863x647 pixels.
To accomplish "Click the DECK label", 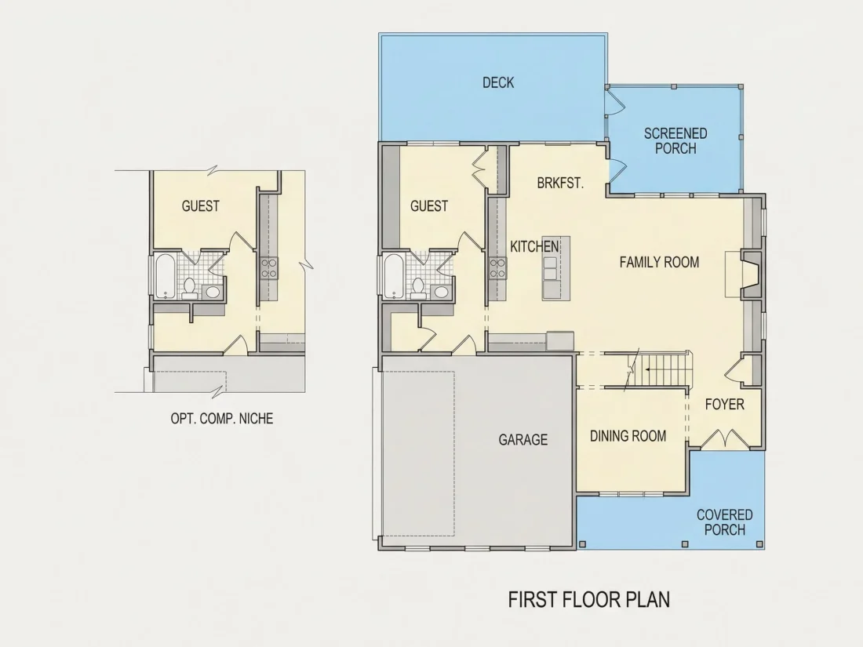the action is [x=498, y=82].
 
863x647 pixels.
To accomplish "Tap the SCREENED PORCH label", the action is [x=675, y=141].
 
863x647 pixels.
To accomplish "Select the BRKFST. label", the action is [x=560, y=183].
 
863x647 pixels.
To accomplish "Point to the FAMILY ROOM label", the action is [x=659, y=262].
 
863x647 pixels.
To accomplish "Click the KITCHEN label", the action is [x=534, y=246].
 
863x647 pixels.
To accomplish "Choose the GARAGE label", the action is [x=523, y=440].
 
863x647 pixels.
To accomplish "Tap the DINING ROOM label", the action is [x=628, y=436].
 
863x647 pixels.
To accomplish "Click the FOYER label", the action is [x=724, y=405].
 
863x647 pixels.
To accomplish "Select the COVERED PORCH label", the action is [x=724, y=522].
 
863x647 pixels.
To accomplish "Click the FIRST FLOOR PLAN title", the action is [x=589, y=599].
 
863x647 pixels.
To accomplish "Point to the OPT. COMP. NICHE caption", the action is [x=222, y=419].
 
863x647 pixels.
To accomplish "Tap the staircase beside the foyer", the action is [x=658, y=369].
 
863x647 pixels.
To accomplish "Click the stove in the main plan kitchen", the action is [x=497, y=268].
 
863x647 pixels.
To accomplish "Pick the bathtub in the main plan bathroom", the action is [x=394, y=275].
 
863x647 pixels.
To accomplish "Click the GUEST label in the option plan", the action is [x=200, y=206].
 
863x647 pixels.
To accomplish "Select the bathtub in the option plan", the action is [x=165, y=275].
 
